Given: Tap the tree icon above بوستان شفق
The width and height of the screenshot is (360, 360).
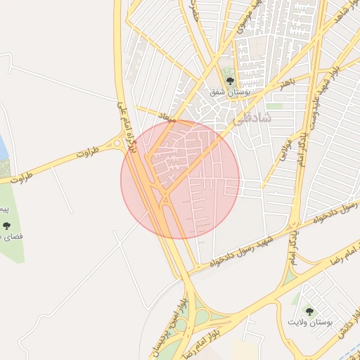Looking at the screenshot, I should tap(229, 80).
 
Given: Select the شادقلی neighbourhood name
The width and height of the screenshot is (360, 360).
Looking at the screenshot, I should tap(250, 120).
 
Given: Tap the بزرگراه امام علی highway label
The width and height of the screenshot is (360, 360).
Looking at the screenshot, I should tap(124, 115).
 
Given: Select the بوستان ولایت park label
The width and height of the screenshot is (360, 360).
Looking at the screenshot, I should tap(309, 322).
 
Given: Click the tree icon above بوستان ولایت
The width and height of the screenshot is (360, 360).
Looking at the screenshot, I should tap(309, 311).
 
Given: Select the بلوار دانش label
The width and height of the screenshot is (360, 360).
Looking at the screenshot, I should tap(345, 337).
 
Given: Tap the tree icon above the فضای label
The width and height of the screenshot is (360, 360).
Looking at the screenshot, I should tap(6, 226).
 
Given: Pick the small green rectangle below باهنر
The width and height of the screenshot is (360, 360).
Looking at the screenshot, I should tap(274, 106).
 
